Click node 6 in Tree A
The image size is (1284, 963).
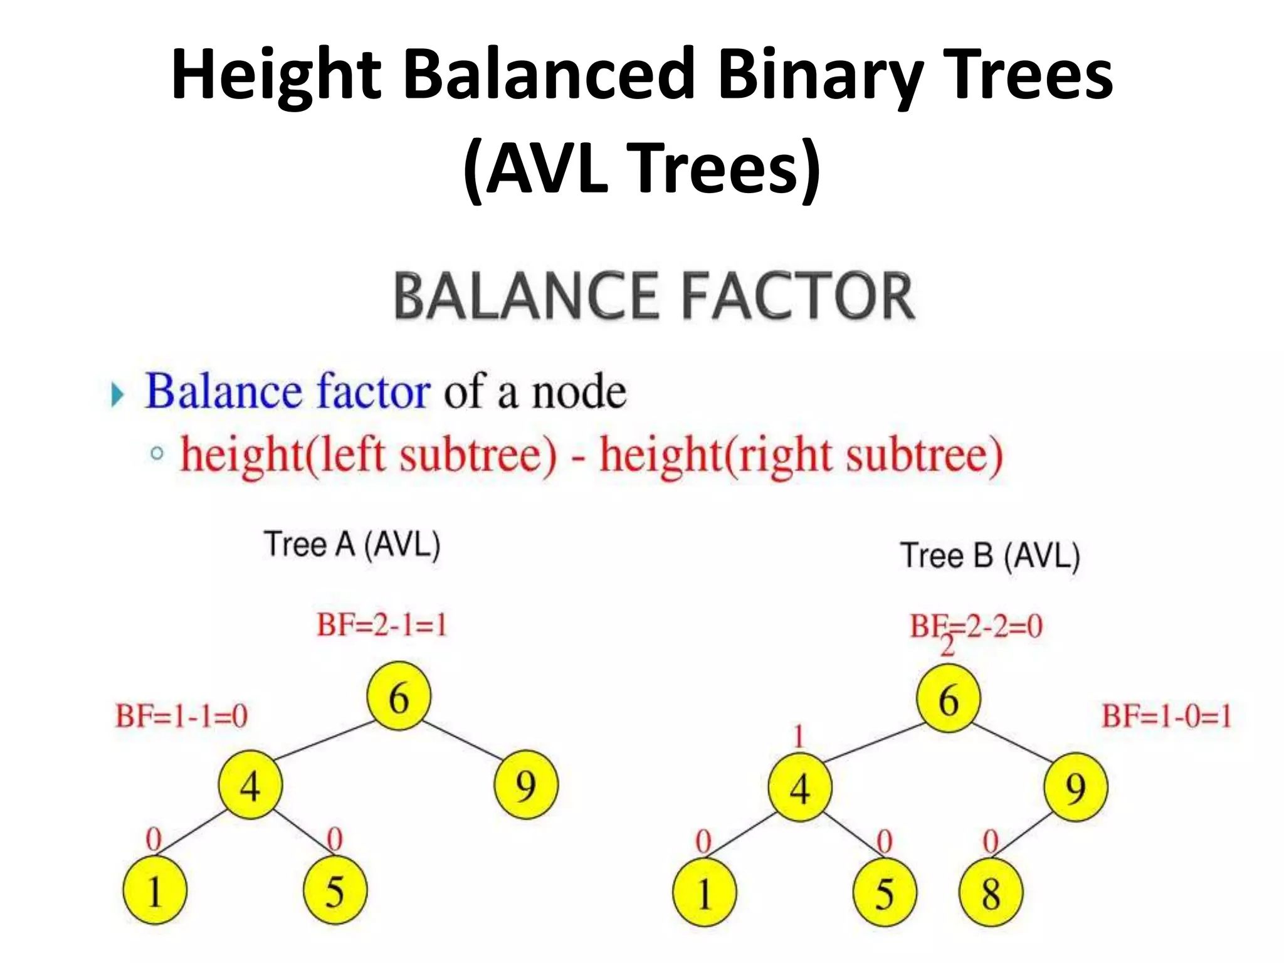pos(399,697)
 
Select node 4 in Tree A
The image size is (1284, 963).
pos(250,785)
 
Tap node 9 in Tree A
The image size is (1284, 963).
pos(525,785)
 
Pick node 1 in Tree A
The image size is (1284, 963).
pos(154,891)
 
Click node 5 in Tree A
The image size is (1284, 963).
pos(335,891)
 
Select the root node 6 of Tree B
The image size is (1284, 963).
pos(948,698)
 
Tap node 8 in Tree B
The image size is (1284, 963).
pos(991,893)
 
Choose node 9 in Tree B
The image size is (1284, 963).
pos(1075,787)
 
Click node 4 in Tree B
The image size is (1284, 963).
pos(800,787)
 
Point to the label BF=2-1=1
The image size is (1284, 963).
pos(382,625)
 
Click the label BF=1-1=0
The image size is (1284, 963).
pos(181,715)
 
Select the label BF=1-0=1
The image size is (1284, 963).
pos(1167,715)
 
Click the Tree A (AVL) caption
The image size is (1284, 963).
pos(352,544)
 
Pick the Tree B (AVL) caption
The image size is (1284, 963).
pos(990,555)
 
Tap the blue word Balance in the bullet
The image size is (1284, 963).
pos(223,391)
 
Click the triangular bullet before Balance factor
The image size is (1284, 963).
pos(117,395)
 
